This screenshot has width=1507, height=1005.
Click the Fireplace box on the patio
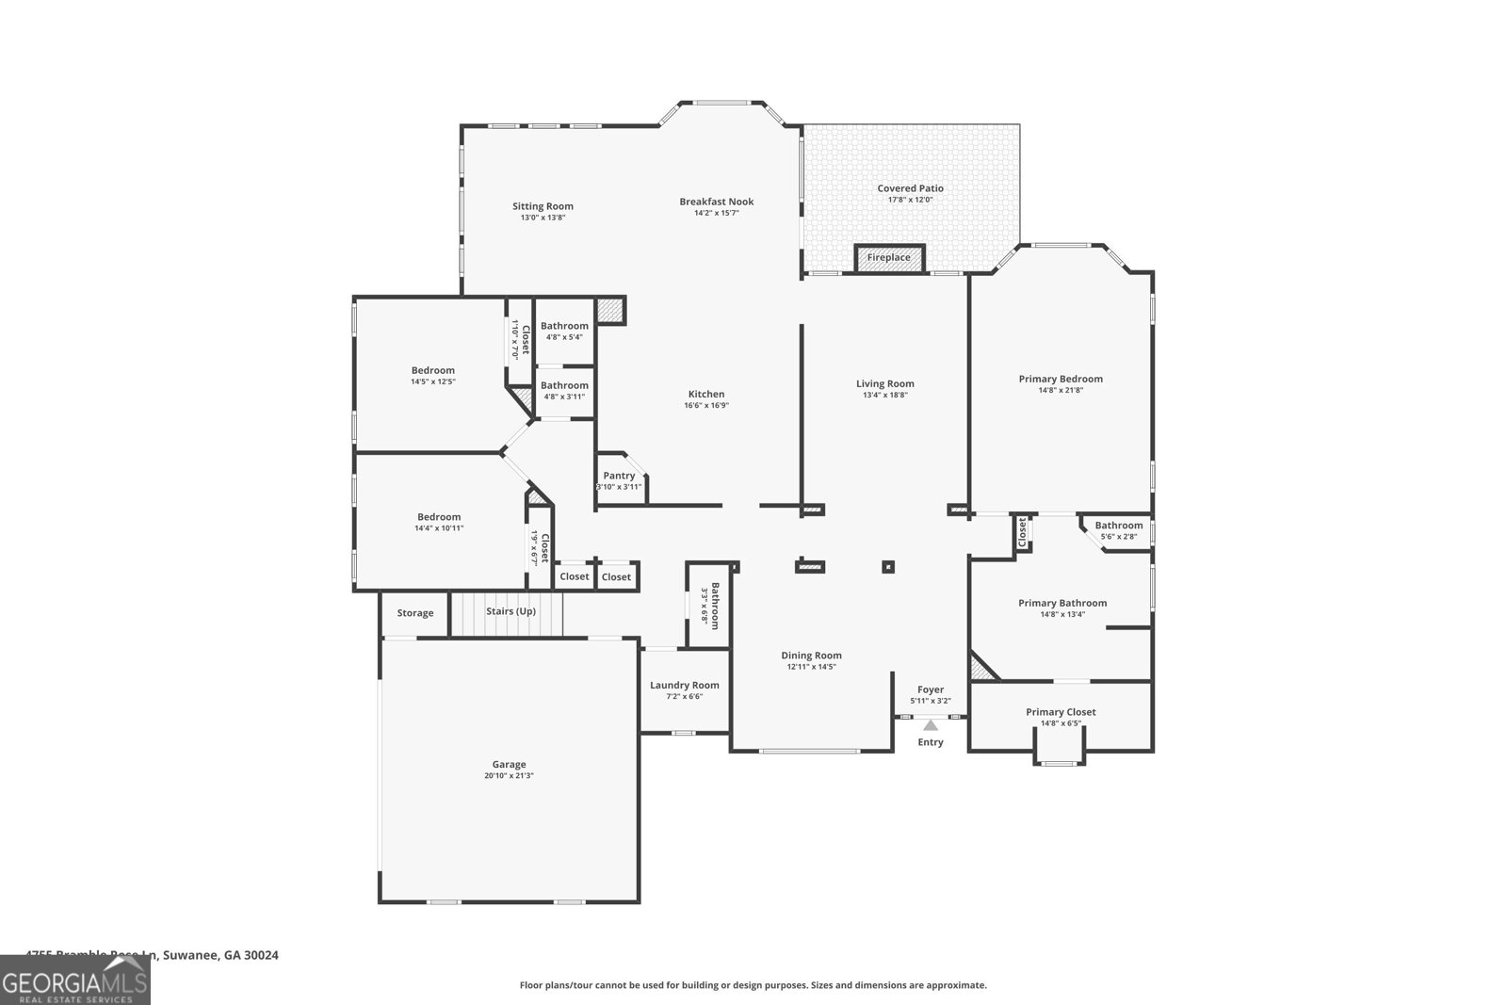point(889,258)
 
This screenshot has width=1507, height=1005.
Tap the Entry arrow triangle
point(931,725)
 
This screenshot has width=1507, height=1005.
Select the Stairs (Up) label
point(510,611)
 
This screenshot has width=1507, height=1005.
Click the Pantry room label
point(619,476)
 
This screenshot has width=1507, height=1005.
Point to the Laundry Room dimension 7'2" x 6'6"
point(685,696)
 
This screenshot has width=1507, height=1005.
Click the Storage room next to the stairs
point(414,613)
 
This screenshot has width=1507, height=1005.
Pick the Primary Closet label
point(1061,712)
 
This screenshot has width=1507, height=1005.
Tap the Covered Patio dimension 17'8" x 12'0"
point(910,200)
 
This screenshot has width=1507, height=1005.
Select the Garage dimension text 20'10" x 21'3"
point(509,776)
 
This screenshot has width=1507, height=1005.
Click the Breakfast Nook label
point(717,202)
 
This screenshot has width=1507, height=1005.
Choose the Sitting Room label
point(543,206)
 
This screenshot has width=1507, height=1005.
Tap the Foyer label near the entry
point(931,689)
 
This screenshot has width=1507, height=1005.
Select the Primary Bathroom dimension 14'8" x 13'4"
point(1062,614)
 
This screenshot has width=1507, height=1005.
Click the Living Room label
point(884,383)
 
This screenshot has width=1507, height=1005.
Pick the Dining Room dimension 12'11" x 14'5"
point(811,667)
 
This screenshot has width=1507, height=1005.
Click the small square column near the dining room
point(887,567)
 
